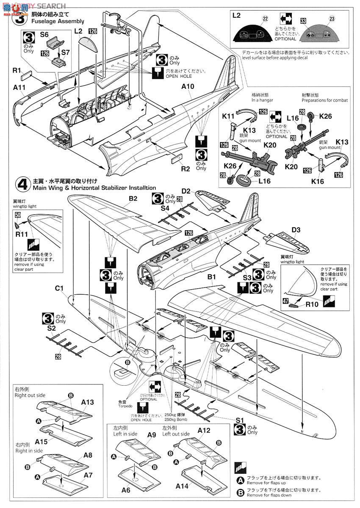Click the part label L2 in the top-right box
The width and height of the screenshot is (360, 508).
click(x=237, y=15)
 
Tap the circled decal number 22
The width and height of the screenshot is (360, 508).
click(x=265, y=19)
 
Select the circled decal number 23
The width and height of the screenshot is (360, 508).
click(x=332, y=19)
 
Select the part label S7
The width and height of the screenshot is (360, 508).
click(x=65, y=52)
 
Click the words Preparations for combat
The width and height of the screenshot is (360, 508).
click(x=325, y=100)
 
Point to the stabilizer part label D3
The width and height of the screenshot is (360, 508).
click(x=296, y=230)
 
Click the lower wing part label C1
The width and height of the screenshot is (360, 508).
click(x=59, y=289)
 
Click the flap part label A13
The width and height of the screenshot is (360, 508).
click(x=88, y=402)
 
